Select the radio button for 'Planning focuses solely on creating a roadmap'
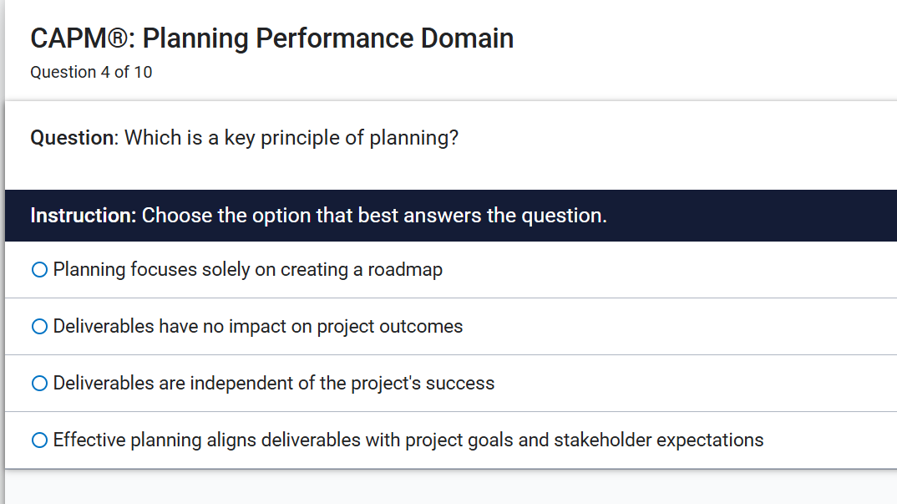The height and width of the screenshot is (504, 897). pos(39,270)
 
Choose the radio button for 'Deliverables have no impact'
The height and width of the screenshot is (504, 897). pos(39,327)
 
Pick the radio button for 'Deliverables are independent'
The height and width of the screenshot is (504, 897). pos(39,384)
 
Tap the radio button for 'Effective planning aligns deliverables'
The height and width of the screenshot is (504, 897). pos(39,440)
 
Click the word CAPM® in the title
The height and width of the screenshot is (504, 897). pos(83,38)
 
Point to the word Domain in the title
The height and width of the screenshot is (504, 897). pos(467,38)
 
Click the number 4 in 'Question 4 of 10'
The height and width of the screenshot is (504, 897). pos(105,73)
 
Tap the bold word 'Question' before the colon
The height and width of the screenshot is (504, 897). pos(73,138)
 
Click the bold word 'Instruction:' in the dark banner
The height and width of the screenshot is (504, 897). pos(83,216)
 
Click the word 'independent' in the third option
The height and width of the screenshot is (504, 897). pos(242,384)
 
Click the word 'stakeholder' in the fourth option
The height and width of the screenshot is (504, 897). pos(602,440)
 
